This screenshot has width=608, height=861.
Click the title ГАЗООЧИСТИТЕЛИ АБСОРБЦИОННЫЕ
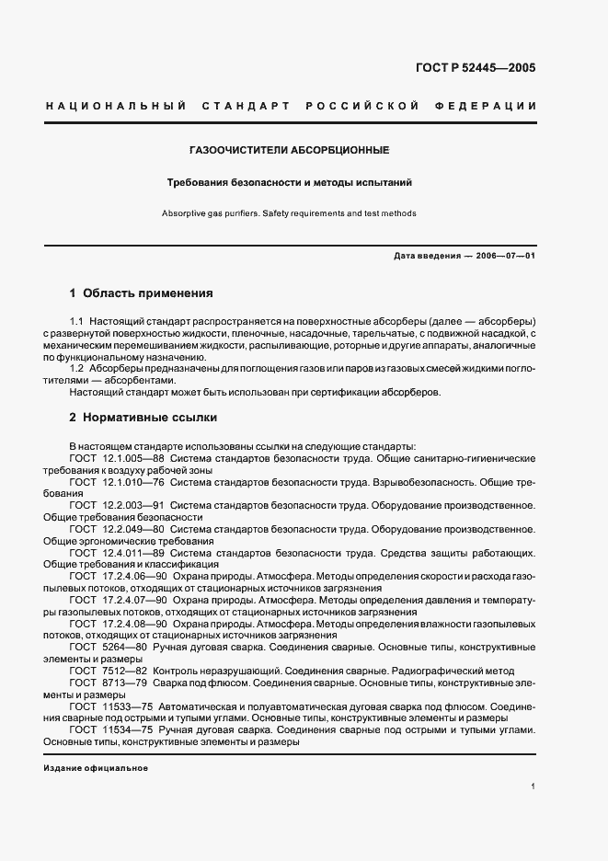(x=289, y=149)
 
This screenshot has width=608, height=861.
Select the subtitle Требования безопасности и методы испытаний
(x=289, y=182)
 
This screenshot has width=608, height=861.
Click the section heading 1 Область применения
(x=141, y=293)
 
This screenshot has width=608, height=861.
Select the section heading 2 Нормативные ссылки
(x=143, y=418)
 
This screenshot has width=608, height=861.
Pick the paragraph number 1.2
(x=77, y=368)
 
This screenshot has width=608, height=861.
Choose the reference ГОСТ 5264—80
(x=108, y=648)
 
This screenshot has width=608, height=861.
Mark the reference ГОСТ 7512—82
(x=108, y=672)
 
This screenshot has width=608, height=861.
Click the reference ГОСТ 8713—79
(x=108, y=683)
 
